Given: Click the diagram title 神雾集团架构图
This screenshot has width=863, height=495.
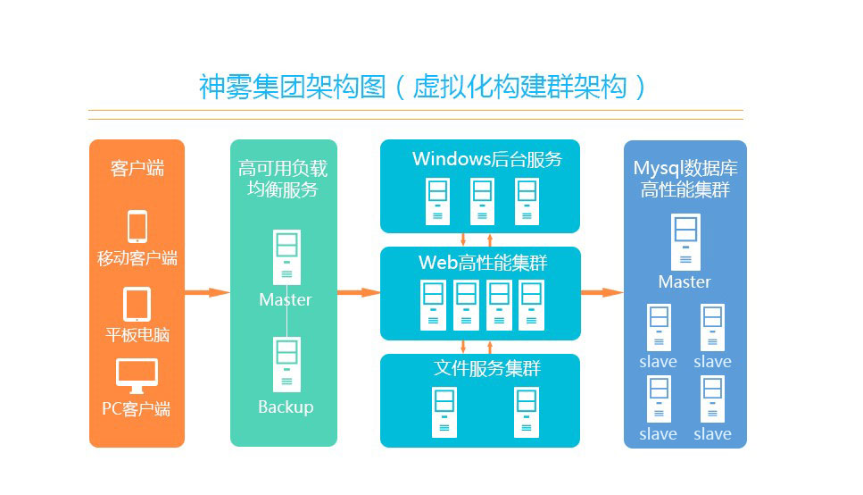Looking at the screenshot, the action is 292,87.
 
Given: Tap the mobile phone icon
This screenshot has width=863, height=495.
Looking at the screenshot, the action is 137,226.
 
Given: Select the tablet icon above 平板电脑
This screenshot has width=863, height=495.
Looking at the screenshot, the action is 137,304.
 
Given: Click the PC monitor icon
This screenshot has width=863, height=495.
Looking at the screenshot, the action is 137,375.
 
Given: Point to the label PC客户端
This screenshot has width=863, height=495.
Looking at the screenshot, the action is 136,408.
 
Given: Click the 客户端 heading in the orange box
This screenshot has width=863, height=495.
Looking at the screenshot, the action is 137,168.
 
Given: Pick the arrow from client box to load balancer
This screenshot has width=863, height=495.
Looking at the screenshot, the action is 207,292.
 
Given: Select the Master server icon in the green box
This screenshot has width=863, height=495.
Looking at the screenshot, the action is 286,256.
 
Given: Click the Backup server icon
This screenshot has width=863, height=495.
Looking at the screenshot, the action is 286,364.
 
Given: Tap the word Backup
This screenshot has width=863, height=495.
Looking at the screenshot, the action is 286,407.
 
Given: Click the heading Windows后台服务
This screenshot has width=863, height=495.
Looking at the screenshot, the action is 487,159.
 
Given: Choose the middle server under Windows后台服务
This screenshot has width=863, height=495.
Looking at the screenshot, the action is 482,201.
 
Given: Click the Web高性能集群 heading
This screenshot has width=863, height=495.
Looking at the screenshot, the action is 483,263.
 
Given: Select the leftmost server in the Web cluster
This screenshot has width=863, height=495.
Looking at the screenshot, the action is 433,305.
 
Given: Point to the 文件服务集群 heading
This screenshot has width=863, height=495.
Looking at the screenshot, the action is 487,368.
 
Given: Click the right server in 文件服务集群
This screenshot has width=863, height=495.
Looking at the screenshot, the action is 527,412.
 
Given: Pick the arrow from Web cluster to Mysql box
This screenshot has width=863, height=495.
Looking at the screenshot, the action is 602,292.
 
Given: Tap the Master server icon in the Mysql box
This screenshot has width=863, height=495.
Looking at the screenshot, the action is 685,241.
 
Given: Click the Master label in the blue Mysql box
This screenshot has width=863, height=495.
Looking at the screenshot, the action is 685,281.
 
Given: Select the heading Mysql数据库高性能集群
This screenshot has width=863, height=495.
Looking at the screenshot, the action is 685,179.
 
